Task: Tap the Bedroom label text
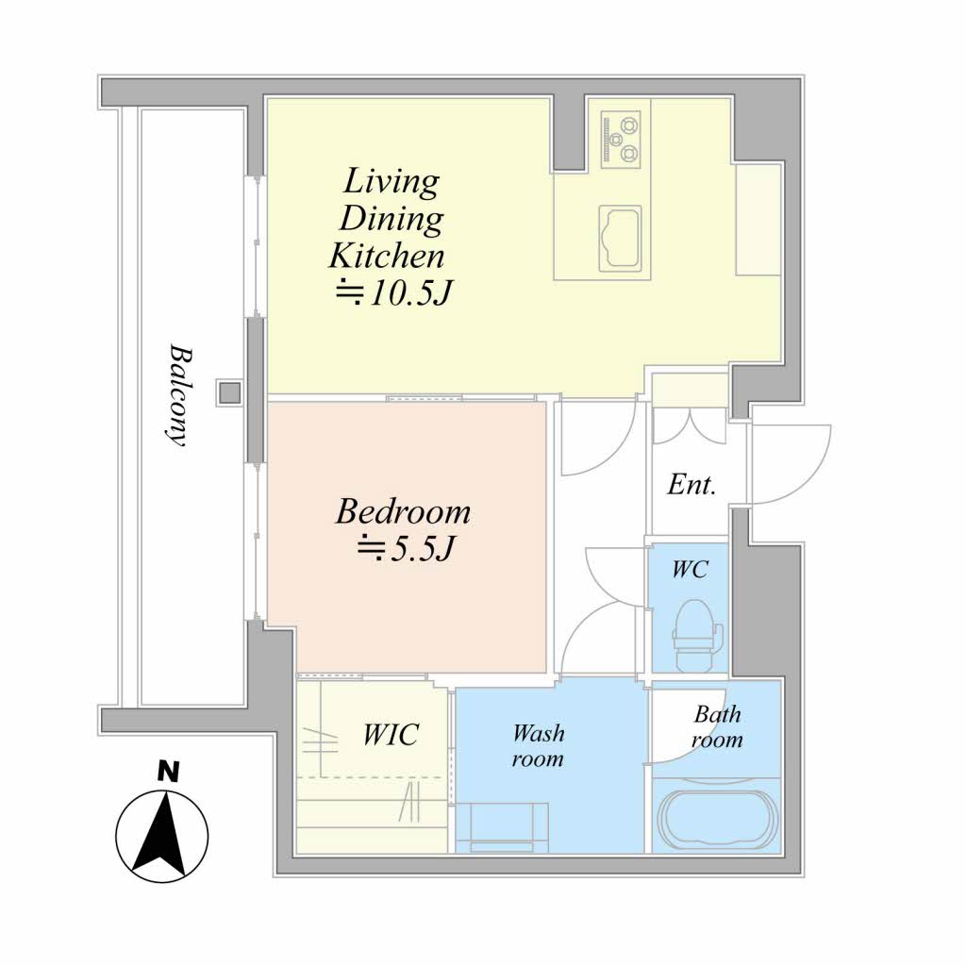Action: [x=404, y=512]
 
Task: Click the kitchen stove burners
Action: [x=621, y=140]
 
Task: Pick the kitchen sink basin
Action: [x=620, y=239]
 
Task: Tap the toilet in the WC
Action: [x=696, y=636]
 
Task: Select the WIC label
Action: [x=391, y=734]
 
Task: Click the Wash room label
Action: [x=538, y=745]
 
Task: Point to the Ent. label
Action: [x=691, y=485]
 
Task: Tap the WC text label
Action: [x=690, y=570]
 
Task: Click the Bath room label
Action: [x=717, y=726]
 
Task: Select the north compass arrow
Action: [x=162, y=837]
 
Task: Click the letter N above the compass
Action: [x=168, y=772]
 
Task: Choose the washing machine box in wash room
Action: [x=502, y=827]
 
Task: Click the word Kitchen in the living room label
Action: [x=387, y=257]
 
